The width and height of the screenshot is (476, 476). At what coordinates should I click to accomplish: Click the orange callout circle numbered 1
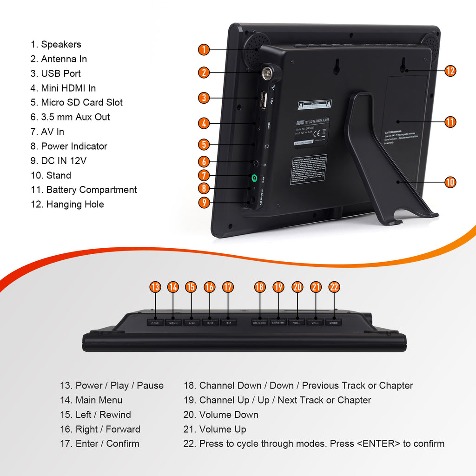coord(204,49)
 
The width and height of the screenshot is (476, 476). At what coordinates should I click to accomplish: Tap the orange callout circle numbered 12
coord(450,71)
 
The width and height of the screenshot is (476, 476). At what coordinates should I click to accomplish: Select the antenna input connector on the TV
coord(268,73)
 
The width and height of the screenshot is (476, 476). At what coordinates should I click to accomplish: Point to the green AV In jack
coord(254,178)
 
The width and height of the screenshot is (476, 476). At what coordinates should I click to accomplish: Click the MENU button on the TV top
coord(173,322)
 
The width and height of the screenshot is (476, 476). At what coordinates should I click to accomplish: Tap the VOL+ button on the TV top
coord(315,322)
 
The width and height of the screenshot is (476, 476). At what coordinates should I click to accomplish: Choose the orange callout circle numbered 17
coord(227,287)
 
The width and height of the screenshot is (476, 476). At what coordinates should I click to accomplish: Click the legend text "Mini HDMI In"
coord(68,88)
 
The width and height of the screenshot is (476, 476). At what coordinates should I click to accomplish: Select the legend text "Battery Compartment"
coord(91,190)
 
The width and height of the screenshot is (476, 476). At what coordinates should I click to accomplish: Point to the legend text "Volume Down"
coord(228,415)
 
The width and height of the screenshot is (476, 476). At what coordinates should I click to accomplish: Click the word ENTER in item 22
coord(378,443)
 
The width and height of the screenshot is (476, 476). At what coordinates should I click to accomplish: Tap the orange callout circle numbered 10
coord(450,182)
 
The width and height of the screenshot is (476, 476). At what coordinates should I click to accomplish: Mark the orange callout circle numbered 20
coord(297,287)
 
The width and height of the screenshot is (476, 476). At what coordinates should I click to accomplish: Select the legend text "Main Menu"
coord(99,400)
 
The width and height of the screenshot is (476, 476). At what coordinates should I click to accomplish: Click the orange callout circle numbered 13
coord(155,287)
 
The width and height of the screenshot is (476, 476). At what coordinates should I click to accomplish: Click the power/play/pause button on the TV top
coord(155,322)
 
